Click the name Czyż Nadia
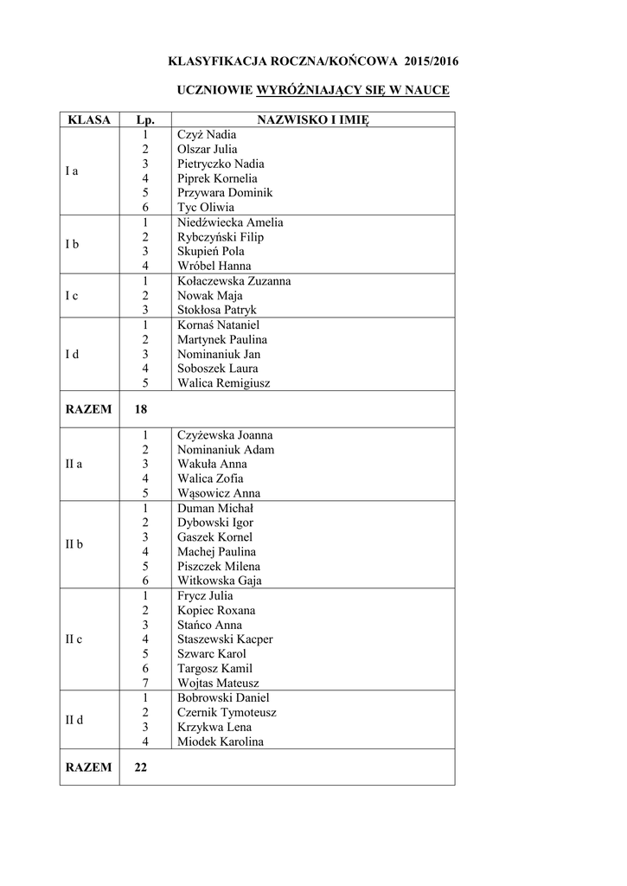tap(206, 135)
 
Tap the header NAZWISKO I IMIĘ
tap(313, 120)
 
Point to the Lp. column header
tap(145, 120)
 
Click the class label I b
tap(73, 244)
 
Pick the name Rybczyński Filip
tap(221, 237)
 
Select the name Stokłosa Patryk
tap(217, 310)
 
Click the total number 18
tap(141, 409)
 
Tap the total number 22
tap(141, 767)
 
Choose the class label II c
tap(74, 639)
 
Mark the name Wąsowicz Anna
tap(219, 493)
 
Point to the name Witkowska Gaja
tap(220, 581)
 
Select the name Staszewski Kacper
tap(225, 639)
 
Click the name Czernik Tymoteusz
tap(227, 712)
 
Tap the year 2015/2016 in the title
tap(431, 61)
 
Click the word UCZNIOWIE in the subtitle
tap(214, 90)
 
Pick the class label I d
tap(73, 354)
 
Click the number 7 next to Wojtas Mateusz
tap(146, 683)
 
